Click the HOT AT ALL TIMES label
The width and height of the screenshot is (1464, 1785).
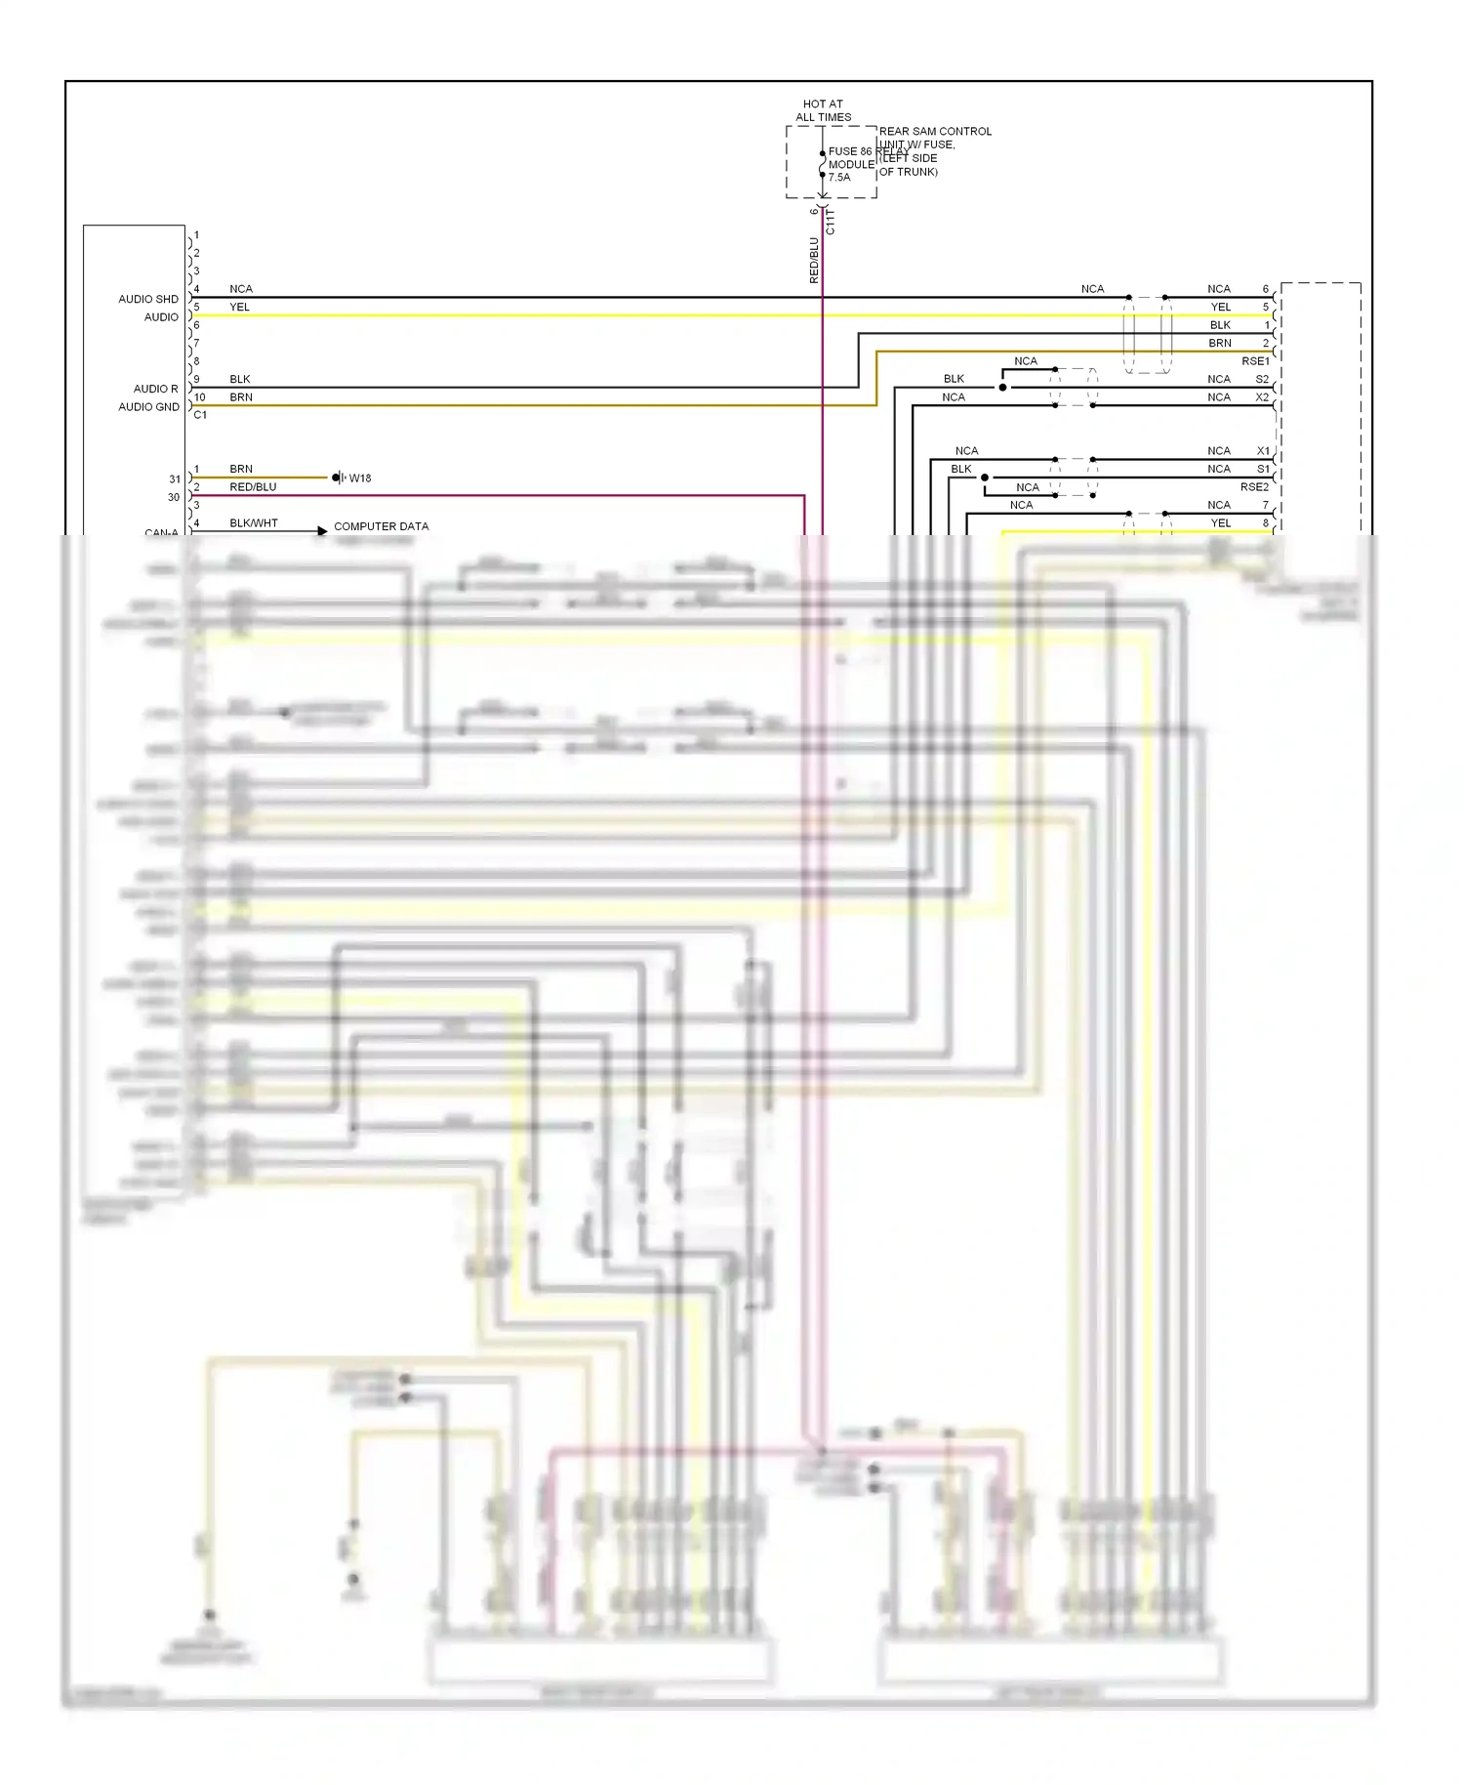pos(823,110)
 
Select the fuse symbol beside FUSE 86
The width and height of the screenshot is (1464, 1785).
pos(822,164)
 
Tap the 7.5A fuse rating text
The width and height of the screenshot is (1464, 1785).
pos(839,178)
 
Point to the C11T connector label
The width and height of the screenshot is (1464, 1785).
pos(831,222)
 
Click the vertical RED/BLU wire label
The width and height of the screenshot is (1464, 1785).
pos(814,260)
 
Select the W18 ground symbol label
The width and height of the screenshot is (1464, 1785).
pos(359,478)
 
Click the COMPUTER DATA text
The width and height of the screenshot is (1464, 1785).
pos(381,526)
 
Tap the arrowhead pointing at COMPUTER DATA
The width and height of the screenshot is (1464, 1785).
pos(322,531)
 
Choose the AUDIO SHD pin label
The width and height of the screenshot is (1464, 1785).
pos(148,299)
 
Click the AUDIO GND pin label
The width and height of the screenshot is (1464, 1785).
pos(148,407)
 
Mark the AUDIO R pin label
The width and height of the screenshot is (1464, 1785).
pos(155,389)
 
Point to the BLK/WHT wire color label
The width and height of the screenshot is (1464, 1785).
pos(254,523)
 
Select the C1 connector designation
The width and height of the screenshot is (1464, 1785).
pos(200,415)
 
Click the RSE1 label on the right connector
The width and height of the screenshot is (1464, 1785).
pos(1255,361)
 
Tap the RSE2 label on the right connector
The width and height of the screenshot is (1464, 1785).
pos(1254,487)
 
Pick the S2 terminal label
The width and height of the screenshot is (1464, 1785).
pos(1262,379)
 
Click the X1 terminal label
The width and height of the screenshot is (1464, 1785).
pos(1263,451)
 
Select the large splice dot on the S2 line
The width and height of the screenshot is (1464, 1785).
pos(1002,388)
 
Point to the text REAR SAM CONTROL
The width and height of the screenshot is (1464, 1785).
pos(935,131)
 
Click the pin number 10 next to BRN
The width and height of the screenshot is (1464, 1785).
pos(199,397)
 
